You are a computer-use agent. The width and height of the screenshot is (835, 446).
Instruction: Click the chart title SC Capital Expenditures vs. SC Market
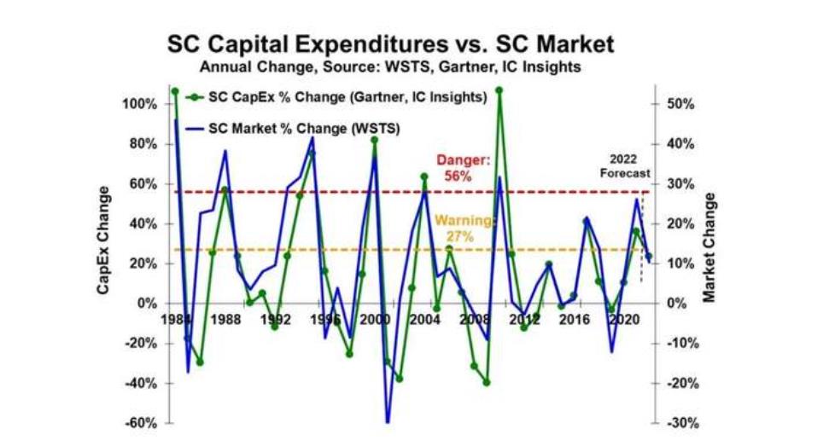tap(391, 44)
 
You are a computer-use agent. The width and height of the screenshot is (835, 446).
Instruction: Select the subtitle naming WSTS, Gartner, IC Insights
tap(390, 67)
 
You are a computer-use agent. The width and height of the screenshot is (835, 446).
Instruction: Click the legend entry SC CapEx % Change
tap(337, 97)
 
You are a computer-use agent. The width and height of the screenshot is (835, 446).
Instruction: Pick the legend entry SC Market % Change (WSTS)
tap(294, 129)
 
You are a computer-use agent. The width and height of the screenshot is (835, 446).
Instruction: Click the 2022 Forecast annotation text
tap(625, 165)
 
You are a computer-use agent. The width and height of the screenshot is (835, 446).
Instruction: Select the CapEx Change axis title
tap(103, 240)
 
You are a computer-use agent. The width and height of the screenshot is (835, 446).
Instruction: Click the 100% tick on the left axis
tap(139, 104)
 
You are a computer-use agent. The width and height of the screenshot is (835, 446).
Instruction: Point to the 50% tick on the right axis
tap(680, 104)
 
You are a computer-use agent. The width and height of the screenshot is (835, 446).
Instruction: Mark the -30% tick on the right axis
tap(683, 424)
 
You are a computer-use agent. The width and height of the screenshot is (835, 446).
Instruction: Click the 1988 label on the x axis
tap(225, 320)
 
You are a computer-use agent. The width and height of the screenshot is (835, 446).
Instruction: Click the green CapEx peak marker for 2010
tap(499, 90)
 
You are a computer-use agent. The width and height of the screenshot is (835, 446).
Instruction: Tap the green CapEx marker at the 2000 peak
tap(374, 140)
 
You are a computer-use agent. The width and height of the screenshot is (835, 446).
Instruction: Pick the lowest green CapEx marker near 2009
tap(486, 382)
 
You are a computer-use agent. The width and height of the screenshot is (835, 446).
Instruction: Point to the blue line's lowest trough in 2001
tap(387, 423)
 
